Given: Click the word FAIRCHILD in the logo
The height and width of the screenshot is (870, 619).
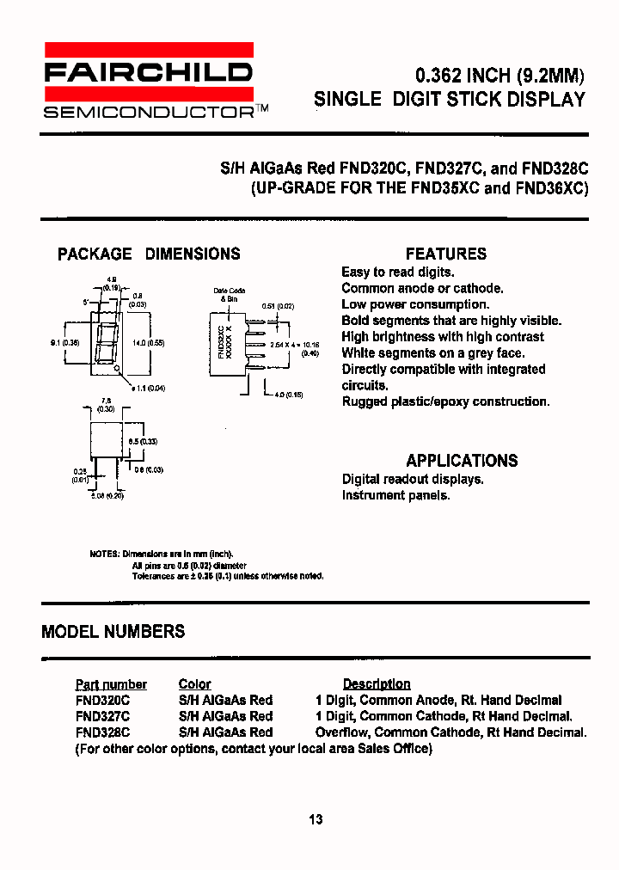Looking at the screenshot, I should pyautogui.click(x=148, y=71).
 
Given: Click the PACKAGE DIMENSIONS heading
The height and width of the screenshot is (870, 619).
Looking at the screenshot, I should pyautogui.click(x=149, y=254).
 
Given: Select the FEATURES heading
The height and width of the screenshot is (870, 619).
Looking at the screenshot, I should pyautogui.click(x=445, y=254).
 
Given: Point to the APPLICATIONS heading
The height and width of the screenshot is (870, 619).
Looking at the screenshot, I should pyautogui.click(x=462, y=460).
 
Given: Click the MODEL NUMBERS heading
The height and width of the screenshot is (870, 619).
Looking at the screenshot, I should pyautogui.click(x=113, y=632).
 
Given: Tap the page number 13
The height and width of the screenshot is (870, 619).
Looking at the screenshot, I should pyautogui.click(x=316, y=819).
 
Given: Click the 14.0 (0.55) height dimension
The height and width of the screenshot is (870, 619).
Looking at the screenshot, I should pyautogui.click(x=148, y=343).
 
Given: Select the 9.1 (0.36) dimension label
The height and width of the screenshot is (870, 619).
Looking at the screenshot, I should pyautogui.click(x=65, y=343).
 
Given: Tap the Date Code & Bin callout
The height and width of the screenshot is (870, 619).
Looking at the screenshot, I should pyautogui.click(x=229, y=295).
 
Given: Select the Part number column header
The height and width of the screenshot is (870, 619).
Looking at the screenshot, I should pyautogui.click(x=111, y=684).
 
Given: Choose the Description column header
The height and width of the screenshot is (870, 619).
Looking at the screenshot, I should pyautogui.click(x=377, y=684).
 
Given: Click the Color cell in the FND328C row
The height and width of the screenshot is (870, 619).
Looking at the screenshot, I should pyautogui.click(x=225, y=732).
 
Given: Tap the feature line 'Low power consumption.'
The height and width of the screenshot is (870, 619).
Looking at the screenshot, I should pyautogui.click(x=414, y=304).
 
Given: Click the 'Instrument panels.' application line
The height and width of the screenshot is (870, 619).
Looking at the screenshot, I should pyautogui.click(x=395, y=495).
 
